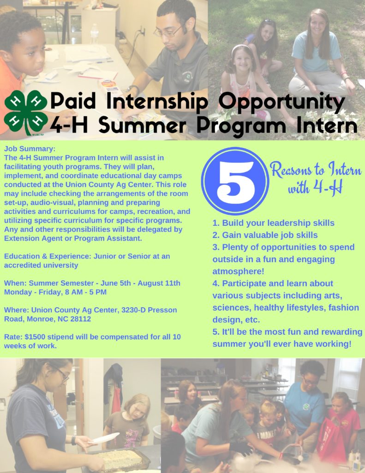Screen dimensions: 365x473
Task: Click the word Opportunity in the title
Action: pyautogui.click(x=281, y=101)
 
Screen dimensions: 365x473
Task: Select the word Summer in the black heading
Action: pyautogui.click(x=142, y=125)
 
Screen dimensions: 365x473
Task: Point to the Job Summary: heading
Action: pyautogui.click(x=30, y=149)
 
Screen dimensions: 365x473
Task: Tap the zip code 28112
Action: pyautogui.click(x=80, y=319)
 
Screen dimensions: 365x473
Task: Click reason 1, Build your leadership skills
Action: pyautogui.click(x=273, y=223)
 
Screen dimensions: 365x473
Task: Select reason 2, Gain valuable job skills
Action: pyautogui.click(x=265, y=235)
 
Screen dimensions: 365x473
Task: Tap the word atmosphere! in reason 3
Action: pyautogui.click(x=238, y=271)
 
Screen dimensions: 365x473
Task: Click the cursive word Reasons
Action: pyautogui.click(x=292, y=170)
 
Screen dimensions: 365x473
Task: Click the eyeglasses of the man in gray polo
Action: pyautogui.click(x=168, y=32)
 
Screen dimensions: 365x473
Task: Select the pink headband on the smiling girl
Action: pyautogui.click(x=241, y=49)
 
